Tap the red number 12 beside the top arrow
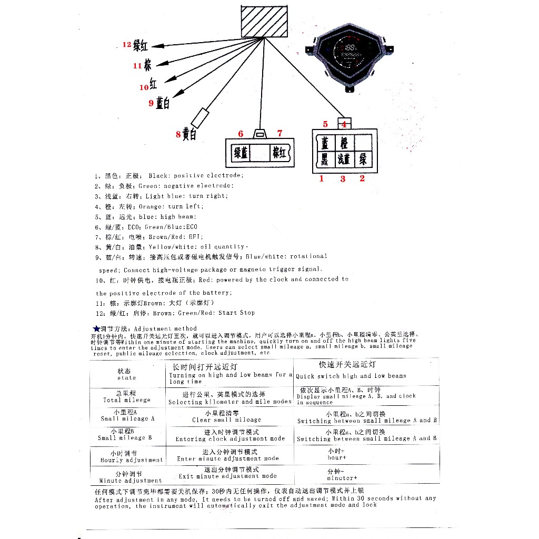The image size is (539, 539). [x=126, y=45]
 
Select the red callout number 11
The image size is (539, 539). [x=137, y=66]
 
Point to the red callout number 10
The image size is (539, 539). [x=144, y=87]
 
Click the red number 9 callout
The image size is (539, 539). [x=151, y=103]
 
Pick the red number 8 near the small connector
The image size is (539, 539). [x=178, y=134]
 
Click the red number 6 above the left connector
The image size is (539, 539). [x=241, y=134]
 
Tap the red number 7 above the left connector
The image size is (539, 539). [x=280, y=133]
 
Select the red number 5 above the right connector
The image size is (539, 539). [x=325, y=124]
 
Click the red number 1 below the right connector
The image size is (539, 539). [x=322, y=178]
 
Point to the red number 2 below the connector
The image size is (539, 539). [x=362, y=178]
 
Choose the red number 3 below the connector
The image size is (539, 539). [x=343, y=179]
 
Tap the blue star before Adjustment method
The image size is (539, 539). [x=96, y=328]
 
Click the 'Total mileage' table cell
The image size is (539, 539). [x=127, y=396]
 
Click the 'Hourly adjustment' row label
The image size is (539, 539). [x=127, y=456]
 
